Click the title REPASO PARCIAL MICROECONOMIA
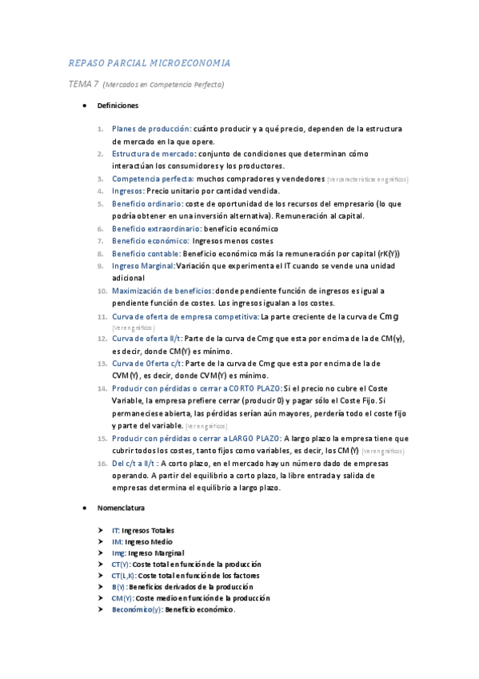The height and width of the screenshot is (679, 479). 150,62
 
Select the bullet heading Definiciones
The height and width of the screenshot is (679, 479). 118,106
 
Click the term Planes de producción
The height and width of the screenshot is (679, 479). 151,129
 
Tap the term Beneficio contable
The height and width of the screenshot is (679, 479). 146,253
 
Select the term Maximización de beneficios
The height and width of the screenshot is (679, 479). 162,291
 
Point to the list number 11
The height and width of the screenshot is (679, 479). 102,316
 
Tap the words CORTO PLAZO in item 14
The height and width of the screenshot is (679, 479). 255,388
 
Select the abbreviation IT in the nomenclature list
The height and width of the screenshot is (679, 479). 115,530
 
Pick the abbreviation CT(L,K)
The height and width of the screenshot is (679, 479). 122,575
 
